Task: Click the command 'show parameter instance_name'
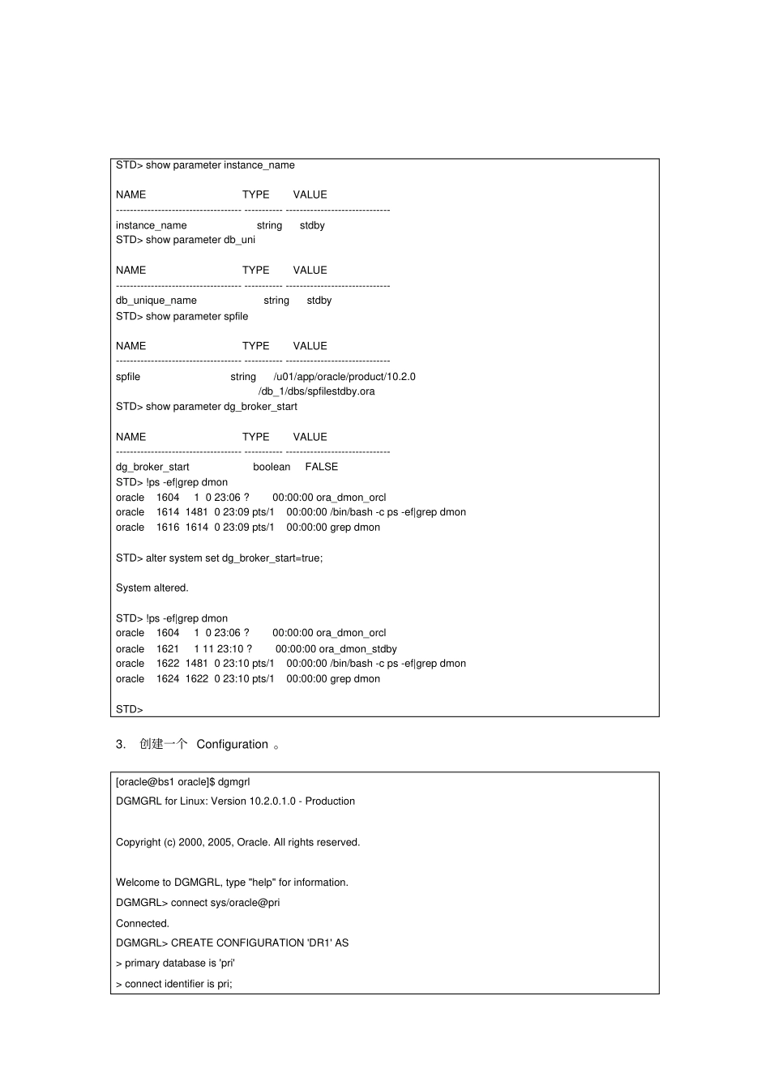tap(220, 165)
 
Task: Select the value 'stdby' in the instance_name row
tap(312, 225)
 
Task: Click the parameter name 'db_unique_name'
tap(156, 301)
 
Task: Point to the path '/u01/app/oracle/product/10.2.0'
tap(344, 377)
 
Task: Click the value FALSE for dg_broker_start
tap(322, 467)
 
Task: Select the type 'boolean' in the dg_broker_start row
tap(272, 467)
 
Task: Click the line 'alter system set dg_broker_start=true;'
tap(234, 558)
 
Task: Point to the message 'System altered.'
tap(152, 588)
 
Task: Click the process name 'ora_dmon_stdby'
tap(357, 649)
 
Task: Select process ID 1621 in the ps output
tap(168, 649)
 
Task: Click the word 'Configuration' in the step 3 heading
tap(232, 745)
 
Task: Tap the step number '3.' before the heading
tap(121, 745)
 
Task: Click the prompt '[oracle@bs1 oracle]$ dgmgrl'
tap(183, 782)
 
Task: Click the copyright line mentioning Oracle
tap(237, 843)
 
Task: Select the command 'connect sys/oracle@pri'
tap(225, 903)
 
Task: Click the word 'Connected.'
tap(143, 924)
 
